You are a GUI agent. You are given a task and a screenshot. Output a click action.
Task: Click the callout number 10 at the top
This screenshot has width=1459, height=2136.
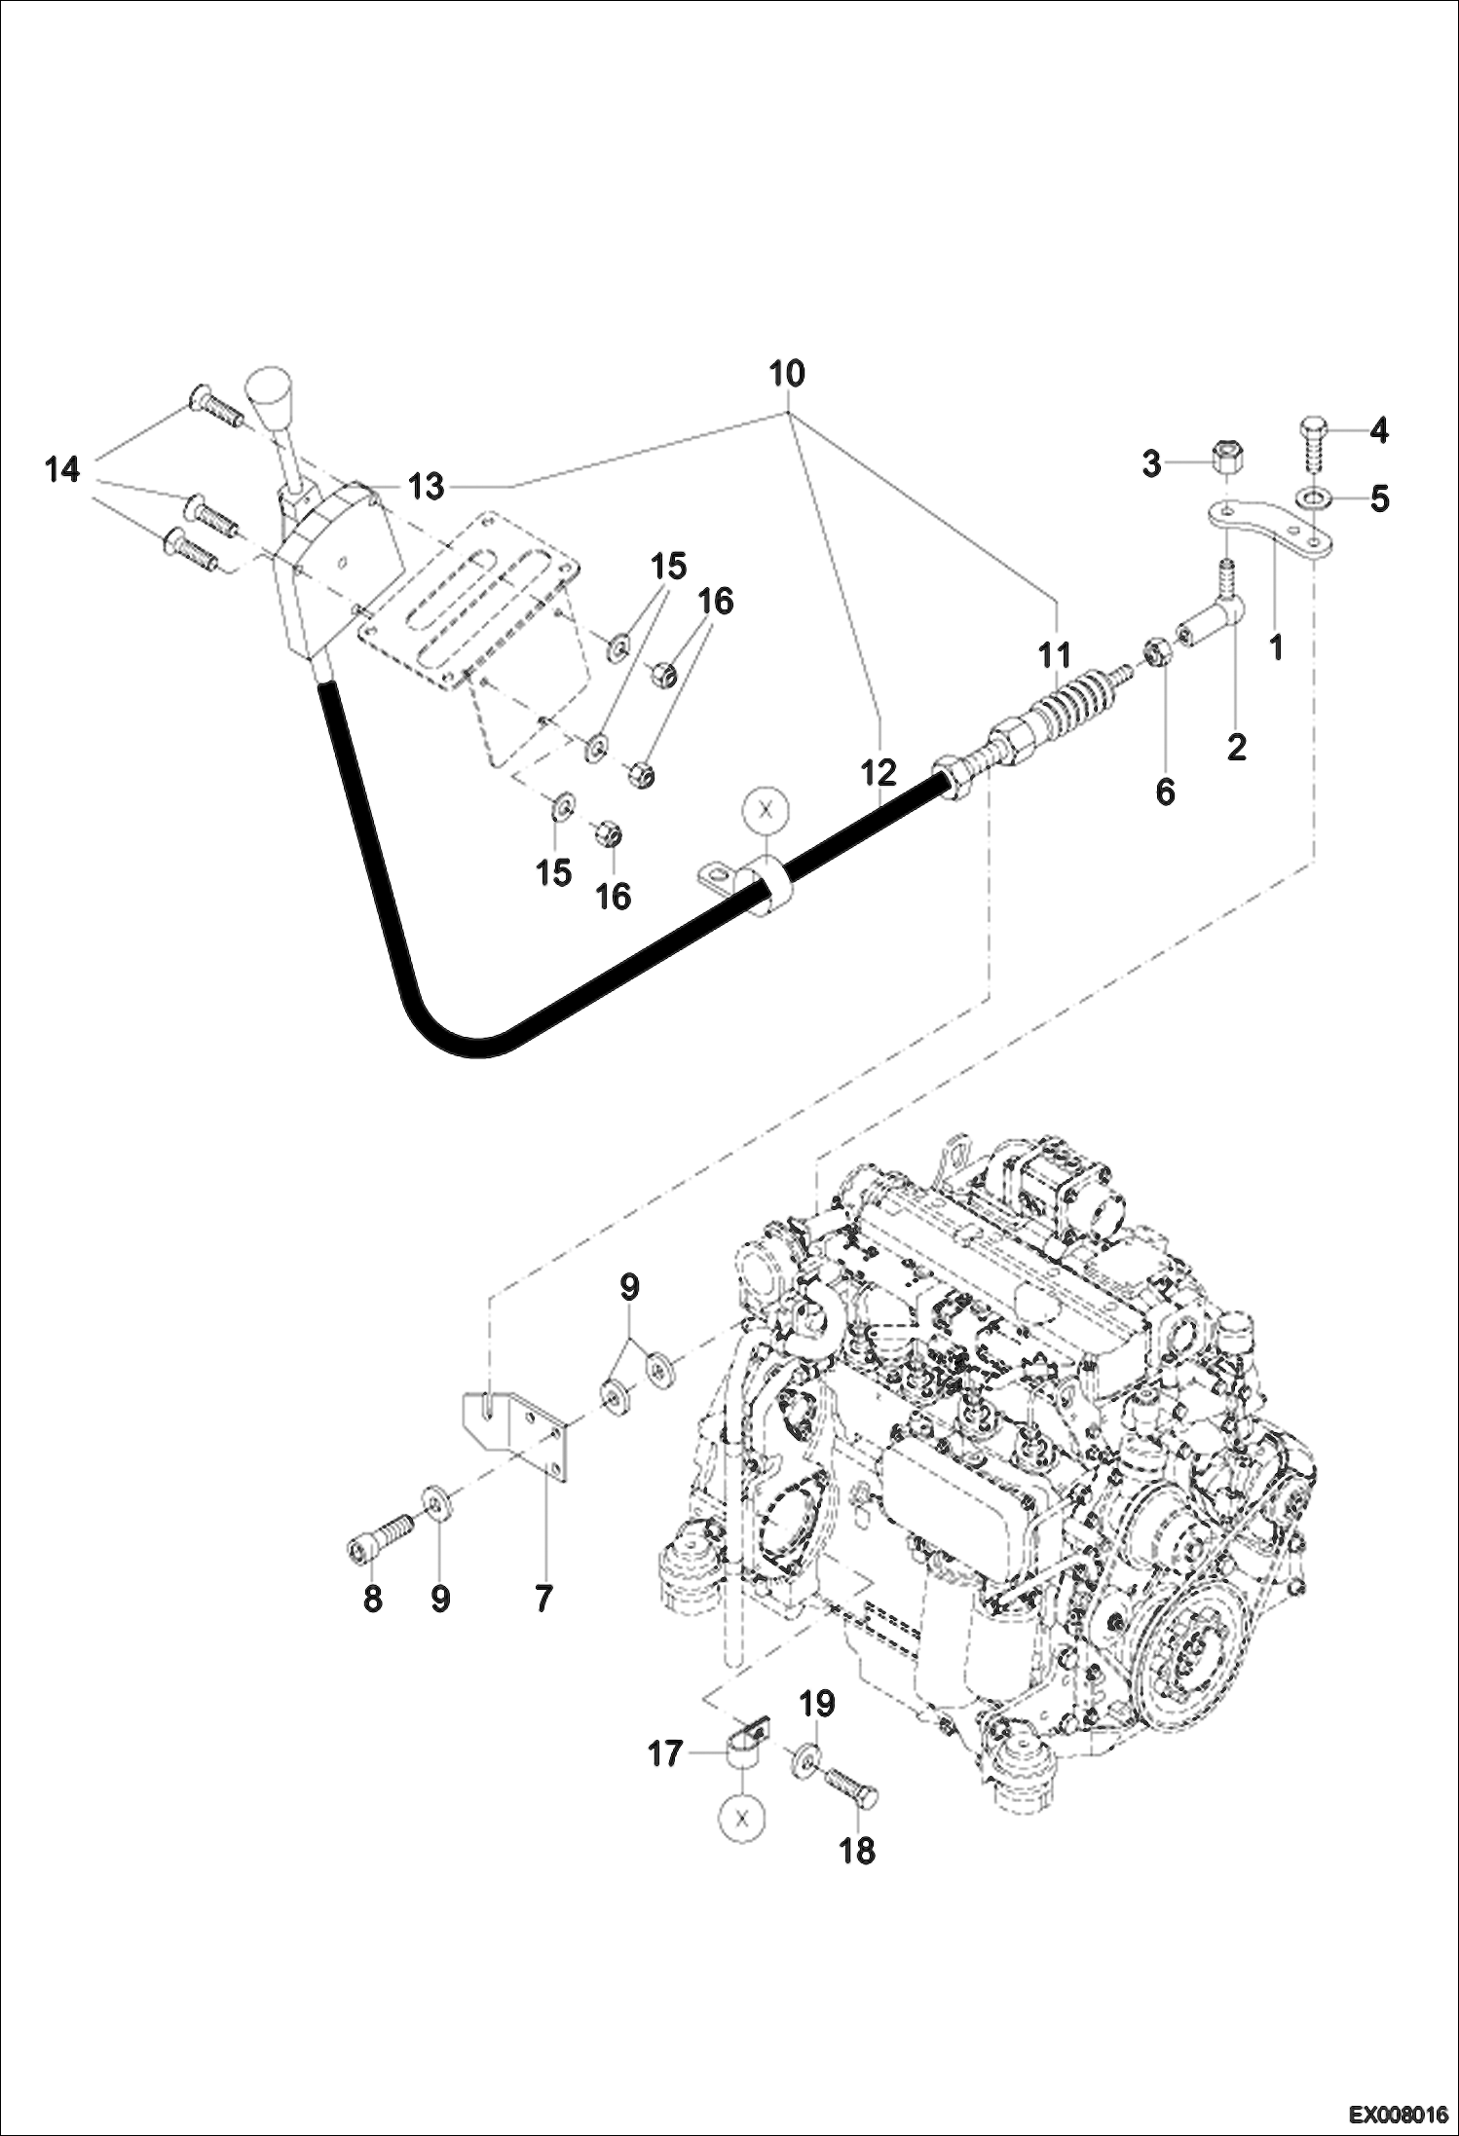click(x=786, y=374)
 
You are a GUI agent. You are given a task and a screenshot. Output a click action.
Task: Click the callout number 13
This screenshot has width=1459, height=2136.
click(x=426, y=486)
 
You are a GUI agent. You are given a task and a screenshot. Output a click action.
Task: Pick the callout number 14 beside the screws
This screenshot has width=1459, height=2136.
click(x=61, y=470)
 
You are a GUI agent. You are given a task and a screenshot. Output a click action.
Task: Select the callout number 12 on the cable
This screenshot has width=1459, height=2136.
click(x=878, y=774)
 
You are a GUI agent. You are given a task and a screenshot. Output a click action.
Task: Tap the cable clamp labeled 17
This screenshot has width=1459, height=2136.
click(x=745, y=1751)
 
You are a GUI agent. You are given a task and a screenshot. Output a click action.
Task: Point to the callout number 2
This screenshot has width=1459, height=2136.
click(x=1236, y=748)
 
